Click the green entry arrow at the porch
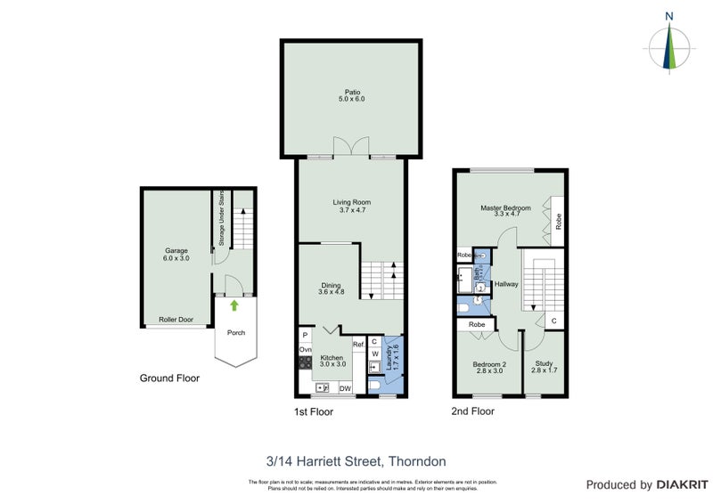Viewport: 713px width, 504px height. pyautogui.click(x=234, y=305)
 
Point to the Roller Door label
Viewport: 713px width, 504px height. pyautogui.click(x=176, y=319)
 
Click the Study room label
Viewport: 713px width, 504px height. pyautogui.click(x=544, y=367)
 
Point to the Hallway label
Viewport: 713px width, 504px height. pyautogui.click(x=506, y=284)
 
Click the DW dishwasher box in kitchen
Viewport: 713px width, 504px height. pyautogui.click(x=344, y=387)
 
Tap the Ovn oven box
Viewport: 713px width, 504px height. pyautogui.click(x=305, y=351)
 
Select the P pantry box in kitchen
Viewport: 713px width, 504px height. pyautogui.click(x=305, y=335)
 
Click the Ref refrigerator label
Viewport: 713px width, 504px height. pyautogui.click(x=357, y=344)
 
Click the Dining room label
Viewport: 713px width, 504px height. pyautogui.click(x=331, y=288)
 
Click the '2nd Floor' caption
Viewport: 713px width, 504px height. pyautogui.click(x=472, y=411)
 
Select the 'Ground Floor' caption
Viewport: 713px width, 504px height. pyautogui.click(x=169, y=378)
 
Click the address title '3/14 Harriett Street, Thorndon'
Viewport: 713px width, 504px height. pyautogui.click(x=356, y=461)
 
